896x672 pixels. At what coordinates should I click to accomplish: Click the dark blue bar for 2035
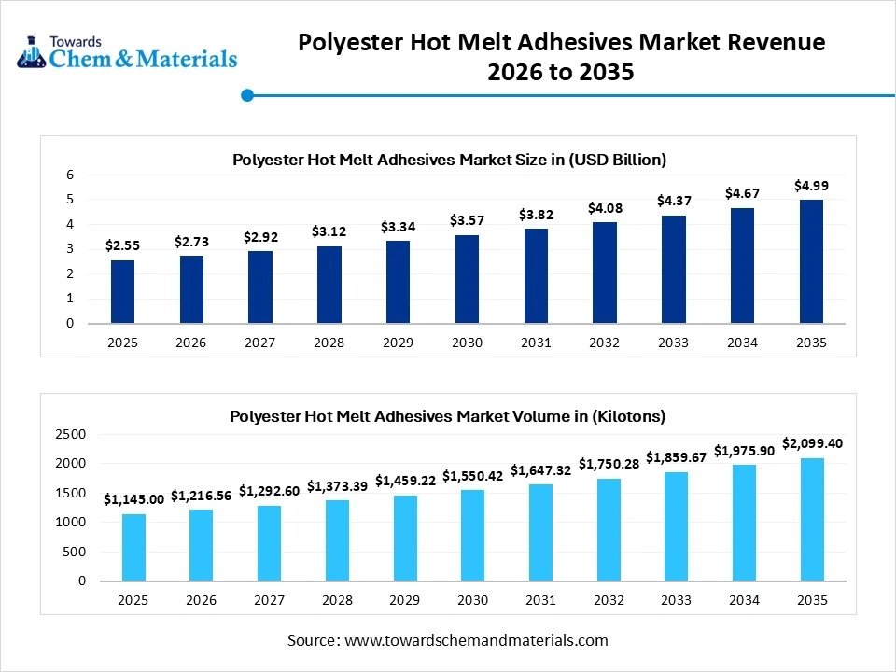click(811, 261)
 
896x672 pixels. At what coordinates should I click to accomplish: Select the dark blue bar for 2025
click(122, 291)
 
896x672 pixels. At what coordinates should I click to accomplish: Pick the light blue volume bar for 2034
click(743, 523)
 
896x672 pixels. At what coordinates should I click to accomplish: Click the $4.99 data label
click(811, 186)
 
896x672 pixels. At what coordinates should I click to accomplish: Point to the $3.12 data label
click(329, 231)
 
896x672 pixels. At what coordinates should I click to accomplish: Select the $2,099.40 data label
click(812, 443)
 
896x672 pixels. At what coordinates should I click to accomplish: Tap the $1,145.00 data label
click(133, 499)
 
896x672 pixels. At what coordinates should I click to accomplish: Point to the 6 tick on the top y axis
click(69, 175)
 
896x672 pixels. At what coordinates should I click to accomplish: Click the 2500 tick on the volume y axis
click(70, 434)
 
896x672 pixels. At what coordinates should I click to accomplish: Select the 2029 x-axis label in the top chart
click(398, 343)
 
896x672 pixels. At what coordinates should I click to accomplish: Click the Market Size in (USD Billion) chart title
click(449, 160)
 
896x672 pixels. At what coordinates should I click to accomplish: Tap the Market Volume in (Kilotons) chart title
click(448, 416)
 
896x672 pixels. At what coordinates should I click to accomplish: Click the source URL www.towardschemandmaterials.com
click(476, 640)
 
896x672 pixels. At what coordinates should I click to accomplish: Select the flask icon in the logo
click(31, 51)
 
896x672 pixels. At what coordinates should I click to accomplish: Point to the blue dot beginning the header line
click(247, 94)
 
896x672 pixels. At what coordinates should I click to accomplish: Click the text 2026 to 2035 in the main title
click(561, 72)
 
